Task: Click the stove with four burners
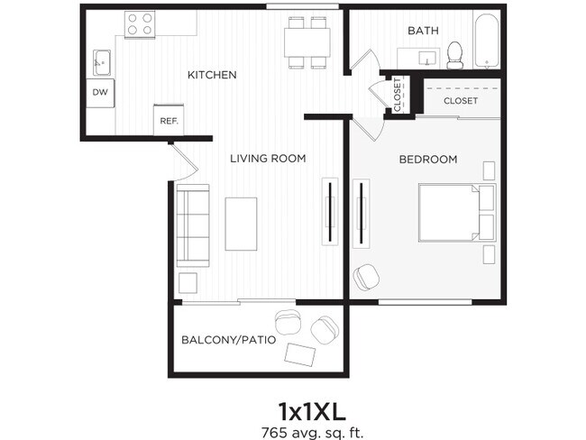140,24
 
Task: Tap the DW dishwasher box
100,92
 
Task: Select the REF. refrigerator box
169,120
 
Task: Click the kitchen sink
101,62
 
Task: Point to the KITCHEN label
212,75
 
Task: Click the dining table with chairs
307,41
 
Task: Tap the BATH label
423,31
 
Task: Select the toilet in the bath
455,55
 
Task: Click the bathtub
488,41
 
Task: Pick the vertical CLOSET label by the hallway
398,95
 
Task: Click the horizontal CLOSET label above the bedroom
460,101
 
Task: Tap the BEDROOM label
428,160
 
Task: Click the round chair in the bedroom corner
366,277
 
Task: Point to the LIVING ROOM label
268,159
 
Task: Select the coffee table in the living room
241,224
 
